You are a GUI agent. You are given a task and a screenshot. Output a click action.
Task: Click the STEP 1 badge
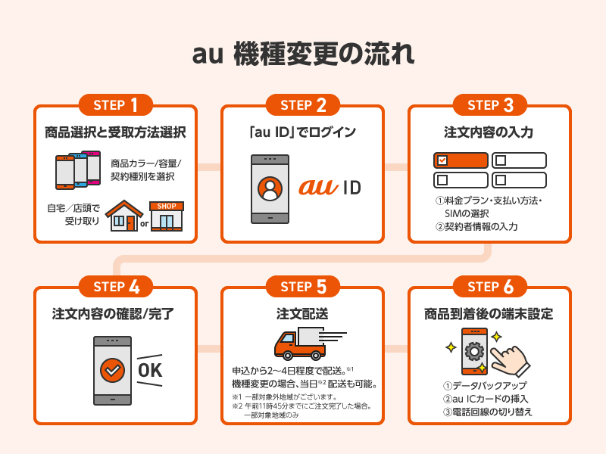point(116,104)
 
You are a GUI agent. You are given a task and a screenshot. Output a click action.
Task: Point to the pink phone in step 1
point(94,167)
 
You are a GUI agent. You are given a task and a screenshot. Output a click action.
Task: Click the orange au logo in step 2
point(321,186)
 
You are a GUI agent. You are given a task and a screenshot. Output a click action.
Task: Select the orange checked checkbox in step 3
point(461,160)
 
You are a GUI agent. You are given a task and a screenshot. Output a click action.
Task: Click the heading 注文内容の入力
point(489,132)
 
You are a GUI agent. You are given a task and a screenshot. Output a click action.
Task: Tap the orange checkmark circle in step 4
point(112,370)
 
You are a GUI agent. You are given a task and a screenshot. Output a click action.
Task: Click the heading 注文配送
point(302,313)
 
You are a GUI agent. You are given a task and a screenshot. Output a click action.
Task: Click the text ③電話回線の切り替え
point(488,412)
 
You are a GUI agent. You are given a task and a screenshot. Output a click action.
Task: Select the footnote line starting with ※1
point(284,396)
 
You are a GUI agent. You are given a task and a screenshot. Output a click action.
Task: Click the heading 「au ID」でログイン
point(302,132)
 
